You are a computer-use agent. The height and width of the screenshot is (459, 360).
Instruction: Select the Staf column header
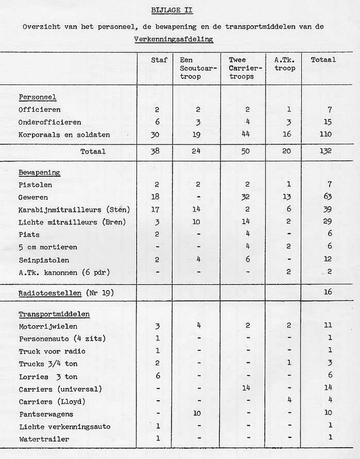(x=159, y=61)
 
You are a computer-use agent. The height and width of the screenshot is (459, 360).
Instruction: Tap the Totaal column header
(x=323, y=61)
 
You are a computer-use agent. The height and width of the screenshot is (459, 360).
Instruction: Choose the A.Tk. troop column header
(x=284, y=64)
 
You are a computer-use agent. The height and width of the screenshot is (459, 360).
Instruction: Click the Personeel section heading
(x=37, y=97)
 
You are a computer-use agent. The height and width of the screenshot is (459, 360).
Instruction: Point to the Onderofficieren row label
(x=49, y=122)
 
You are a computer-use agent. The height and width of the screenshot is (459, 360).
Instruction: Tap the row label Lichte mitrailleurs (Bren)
(x=72, y=221)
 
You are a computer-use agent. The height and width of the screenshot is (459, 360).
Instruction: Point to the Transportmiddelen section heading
(x=50, y=315)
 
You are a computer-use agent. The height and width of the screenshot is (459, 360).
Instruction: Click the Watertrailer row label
(x=44, y=438)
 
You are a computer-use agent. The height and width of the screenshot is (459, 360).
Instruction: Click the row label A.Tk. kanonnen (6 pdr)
(x=64, y=271)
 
